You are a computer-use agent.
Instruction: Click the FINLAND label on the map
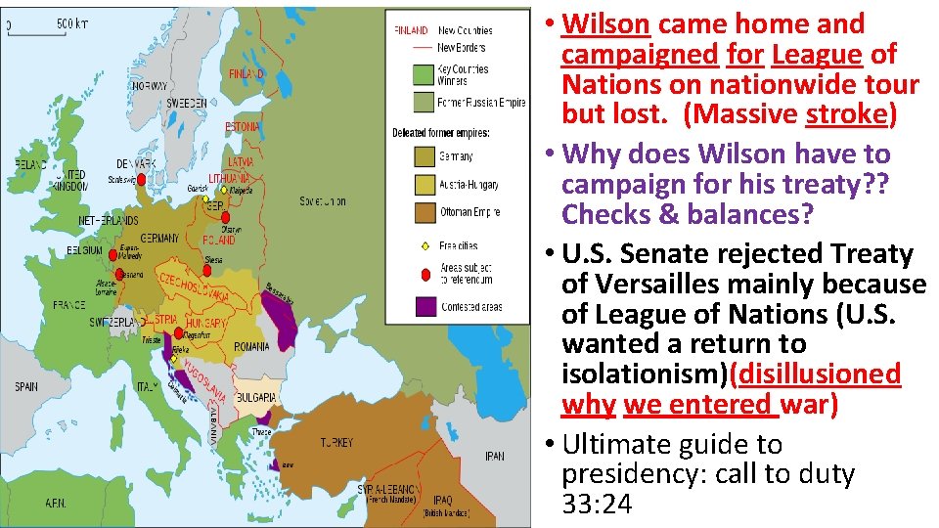(246, 74)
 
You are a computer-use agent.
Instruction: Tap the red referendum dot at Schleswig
(142, 180)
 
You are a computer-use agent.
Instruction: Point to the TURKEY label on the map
(337, 443)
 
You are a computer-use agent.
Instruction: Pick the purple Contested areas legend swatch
(424, 306)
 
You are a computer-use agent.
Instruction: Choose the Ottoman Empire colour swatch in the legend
(424, 211)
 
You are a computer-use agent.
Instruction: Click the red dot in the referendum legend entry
(424, 275)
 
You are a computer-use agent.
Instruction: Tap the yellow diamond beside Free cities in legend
(424, 245)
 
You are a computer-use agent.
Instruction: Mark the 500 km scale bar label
(70, 22)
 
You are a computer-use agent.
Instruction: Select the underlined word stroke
(845, 114)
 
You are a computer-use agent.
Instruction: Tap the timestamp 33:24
(597, 505)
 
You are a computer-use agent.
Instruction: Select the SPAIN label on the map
(26, 387)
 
